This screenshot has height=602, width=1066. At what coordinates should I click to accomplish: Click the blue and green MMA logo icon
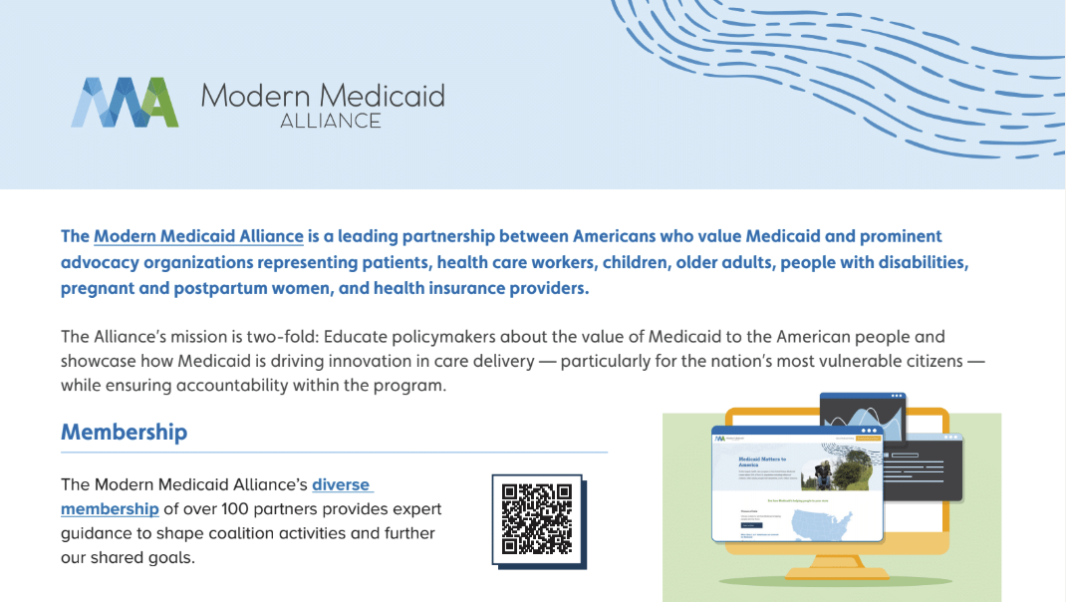click(125, 103)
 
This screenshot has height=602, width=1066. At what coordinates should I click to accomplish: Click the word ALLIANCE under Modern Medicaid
click(331, 121)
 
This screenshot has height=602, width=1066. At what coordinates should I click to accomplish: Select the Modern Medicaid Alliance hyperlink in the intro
click(198, 236)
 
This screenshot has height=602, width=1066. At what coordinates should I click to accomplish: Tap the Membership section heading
click(124, 432)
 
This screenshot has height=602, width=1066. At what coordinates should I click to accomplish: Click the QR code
click(537, 518)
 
